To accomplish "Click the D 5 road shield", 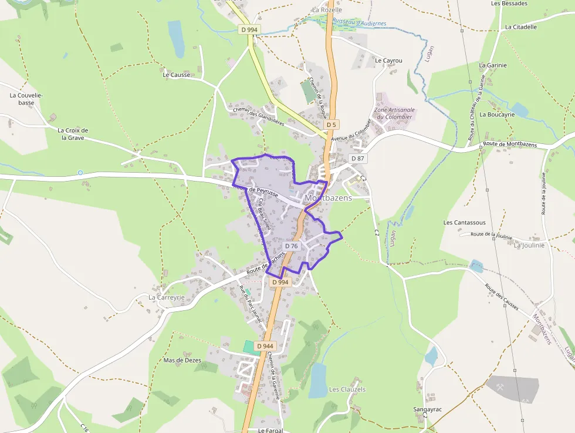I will coord(332,125).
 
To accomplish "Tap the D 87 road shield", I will coord(358,159).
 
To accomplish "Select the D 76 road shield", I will coord(292,246).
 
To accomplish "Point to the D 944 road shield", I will coord(265,346).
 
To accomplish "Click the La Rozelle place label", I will coord(327,10).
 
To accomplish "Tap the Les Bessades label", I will coord(509,4).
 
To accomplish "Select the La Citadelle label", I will coord(520,27).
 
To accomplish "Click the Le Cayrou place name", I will coord(388,61).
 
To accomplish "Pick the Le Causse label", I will coord(177,75).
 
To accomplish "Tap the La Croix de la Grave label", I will coord(73,134).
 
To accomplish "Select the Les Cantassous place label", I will coord(465,223).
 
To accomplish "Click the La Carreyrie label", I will coord(167,297).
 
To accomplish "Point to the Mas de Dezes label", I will coord(182,360).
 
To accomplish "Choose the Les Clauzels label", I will coord(347,389).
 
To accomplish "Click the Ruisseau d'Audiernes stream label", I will coord(359,22).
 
